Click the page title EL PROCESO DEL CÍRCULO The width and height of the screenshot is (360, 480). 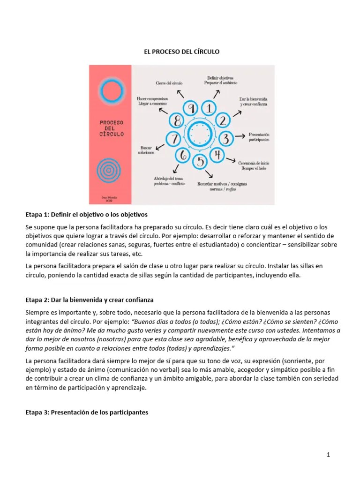click(x=181, y=51)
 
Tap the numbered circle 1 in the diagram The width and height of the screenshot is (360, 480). click(x=209, y=108)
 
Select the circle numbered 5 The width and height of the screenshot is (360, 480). click(x=200, y=162)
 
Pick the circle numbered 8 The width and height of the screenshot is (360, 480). click(x=177, y=121)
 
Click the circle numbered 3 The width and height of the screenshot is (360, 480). click(x=226, y=138)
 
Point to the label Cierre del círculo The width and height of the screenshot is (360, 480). click(x=169, y=83)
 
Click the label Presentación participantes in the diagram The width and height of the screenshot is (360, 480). click(x=259, y=137)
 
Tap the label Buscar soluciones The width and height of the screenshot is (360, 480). click(x=146, y=150)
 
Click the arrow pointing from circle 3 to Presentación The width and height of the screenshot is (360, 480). click(x=240, y=136)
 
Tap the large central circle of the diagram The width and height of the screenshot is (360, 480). click(x=201, y=135)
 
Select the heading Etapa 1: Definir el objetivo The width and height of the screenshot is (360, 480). click(x=86, y=215)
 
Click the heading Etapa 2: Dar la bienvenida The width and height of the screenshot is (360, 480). click(x=89, y=300)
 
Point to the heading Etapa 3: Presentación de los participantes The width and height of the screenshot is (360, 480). click(x=86, y=412)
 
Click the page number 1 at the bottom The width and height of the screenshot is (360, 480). click(x=329, y=455)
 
